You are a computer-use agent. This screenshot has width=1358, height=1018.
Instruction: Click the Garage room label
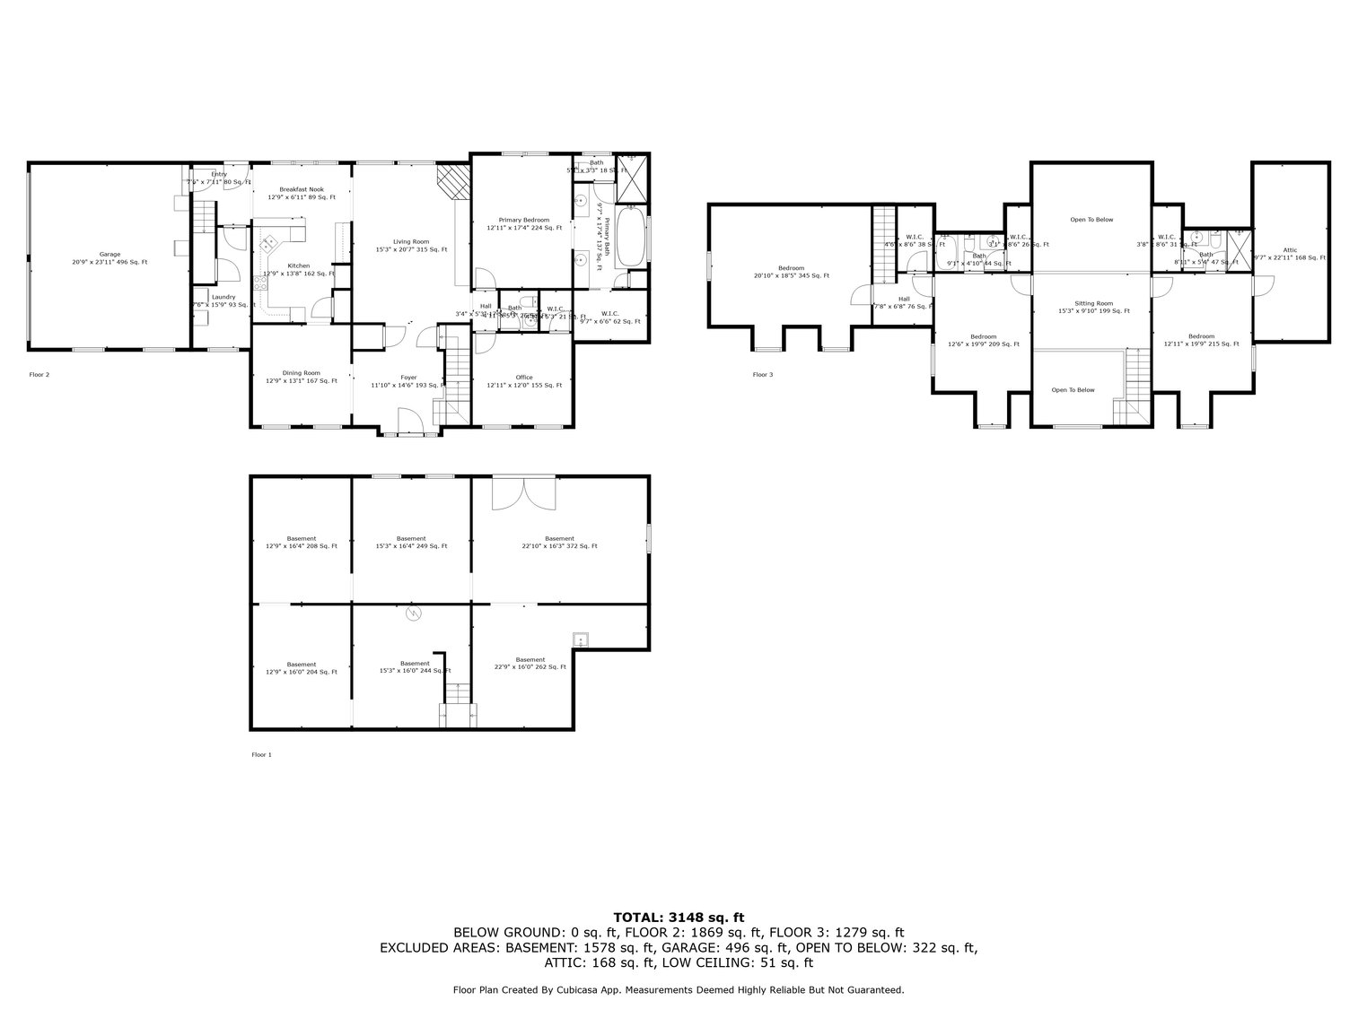coord(110,258)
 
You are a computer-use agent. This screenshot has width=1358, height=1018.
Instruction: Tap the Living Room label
coord(411,246)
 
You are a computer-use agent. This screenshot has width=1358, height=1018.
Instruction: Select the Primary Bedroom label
coord(524,224)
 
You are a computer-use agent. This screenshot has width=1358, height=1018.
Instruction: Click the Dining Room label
coord(302,377)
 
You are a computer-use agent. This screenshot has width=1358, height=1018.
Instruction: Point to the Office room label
coord(524,381)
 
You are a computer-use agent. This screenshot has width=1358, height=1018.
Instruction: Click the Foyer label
coord(408,381)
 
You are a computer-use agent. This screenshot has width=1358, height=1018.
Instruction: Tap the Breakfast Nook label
coord(302,193)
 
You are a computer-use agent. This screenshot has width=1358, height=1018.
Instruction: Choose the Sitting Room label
coord(1093,308)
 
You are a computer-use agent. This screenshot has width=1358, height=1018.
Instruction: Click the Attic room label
coord(1290,254)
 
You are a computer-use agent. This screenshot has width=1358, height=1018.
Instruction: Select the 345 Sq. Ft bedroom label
coord(792,272)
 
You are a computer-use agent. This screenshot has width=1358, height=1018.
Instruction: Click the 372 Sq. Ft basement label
coord(559,542)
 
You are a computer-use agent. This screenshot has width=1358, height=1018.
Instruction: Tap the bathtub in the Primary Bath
coord(631,236)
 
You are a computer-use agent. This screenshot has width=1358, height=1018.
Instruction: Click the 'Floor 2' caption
coord(39,374)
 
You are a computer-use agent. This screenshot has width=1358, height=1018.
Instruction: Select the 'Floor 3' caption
coord(763,374)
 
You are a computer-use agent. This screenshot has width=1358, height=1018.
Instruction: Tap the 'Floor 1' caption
coord(261,754)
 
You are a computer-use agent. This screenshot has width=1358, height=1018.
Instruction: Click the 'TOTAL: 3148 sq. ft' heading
coord(679,917)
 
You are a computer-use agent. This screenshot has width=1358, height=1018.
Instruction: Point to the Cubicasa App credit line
coord(679,990)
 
